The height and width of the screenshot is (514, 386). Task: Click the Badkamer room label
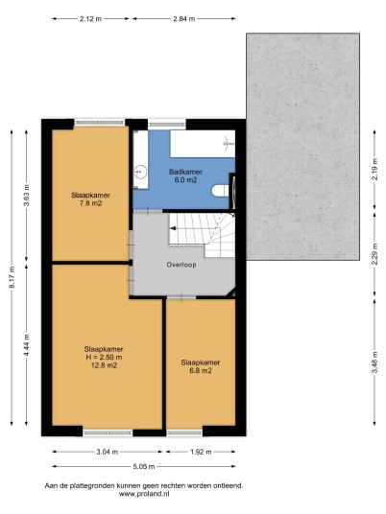(185, 172)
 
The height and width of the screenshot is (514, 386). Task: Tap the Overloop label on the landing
(181, 265)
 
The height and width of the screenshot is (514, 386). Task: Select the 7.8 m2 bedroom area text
(90, 203)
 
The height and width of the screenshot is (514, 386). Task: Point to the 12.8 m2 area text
(104, 365)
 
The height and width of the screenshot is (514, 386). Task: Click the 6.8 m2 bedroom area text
(201, 371)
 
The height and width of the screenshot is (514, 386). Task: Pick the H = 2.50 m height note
(104, 357)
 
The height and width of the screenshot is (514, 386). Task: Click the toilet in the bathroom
(221, 191)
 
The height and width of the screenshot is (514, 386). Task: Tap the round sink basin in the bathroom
(141, 172)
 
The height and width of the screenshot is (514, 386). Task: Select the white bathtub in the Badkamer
(203, 144)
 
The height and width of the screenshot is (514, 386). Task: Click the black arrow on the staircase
(173, 228)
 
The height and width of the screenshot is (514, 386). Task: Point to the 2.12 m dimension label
(90, 18)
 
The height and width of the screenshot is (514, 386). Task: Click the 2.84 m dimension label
(183, 18)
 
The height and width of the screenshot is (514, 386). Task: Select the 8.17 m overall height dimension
(12, 277)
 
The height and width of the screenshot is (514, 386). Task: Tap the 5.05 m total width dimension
(144, 466)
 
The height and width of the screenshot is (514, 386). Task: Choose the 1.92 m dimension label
(201, 452)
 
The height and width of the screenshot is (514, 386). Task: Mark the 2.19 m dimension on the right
(374, 169)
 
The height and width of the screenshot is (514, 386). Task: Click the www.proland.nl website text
(144, 494)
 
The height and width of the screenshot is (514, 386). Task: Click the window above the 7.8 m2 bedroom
(100, 123)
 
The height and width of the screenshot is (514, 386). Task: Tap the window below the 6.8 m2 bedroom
(184, 433)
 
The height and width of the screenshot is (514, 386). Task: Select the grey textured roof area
(302, 147)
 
